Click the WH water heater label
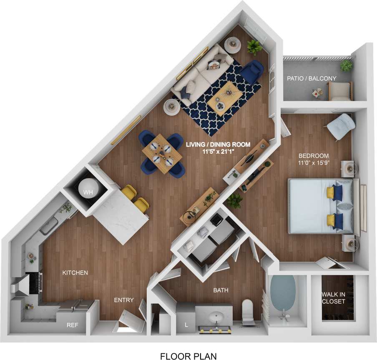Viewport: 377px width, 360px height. tap(88, 192)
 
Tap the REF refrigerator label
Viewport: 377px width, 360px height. tap(73, 325)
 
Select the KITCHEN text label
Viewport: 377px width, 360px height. tap(75, 272)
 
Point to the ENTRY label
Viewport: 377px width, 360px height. tap(124, 300)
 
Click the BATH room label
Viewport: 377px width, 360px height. tap(221, 290)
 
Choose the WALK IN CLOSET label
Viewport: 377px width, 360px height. tap(333, 298)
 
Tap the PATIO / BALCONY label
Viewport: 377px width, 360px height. tap(312, 78)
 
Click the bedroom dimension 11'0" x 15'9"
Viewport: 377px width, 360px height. tap(313, 162)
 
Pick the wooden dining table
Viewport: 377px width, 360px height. tap(162, 153)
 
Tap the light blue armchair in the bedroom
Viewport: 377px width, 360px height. tap(341, 126)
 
